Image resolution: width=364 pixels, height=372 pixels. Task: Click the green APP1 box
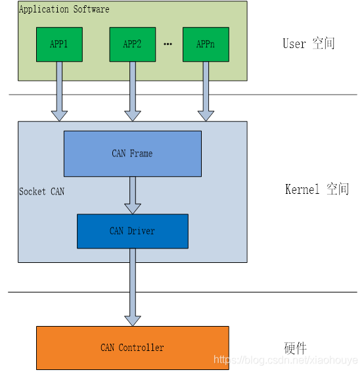tap(59, 45)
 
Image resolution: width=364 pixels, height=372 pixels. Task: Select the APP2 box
tap(133, 45)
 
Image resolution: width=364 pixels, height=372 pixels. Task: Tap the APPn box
tap(206, 45)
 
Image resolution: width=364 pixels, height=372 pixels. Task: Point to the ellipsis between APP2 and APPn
tap(168, 44)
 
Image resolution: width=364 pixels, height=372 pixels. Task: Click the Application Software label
tap(64, 9)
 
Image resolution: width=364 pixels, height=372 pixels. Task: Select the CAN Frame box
tap(133, 154)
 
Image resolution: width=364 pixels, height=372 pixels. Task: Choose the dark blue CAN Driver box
tap(133, 231)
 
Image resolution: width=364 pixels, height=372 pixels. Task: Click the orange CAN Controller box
tap(133, 348)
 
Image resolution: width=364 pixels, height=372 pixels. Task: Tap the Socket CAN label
tap(42, 191)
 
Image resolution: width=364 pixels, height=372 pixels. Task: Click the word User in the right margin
tap(294, 43)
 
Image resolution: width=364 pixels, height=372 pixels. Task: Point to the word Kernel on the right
tap(302, 189)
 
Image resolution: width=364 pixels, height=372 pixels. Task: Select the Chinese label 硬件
tap(295, 348)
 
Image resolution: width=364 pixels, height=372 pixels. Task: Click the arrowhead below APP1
tap(59, 116)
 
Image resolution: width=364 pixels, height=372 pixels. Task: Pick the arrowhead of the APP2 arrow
tap(133, 116)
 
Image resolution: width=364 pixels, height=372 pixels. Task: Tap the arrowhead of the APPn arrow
tap(206, 116)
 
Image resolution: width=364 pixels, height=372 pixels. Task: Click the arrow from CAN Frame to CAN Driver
tap(133, 195)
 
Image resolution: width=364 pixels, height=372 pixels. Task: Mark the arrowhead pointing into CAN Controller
tap(133, 321)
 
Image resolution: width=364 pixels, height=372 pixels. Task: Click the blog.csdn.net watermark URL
tap(286, 360)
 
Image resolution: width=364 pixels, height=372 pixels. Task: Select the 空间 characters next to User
tap(323, 43)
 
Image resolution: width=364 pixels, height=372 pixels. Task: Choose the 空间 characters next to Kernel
tap(338, 189)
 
